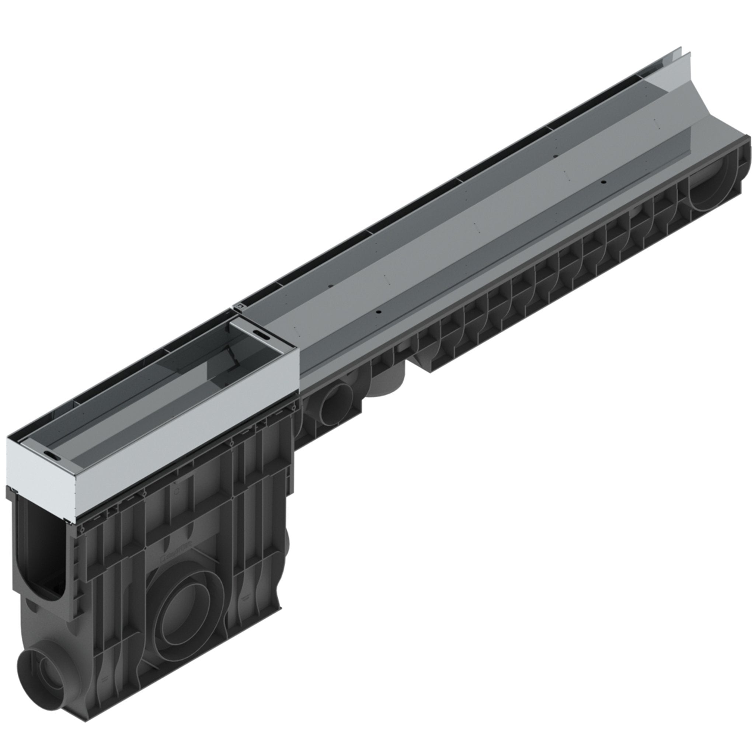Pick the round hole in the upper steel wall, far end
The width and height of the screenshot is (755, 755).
[x=555, y=156]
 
